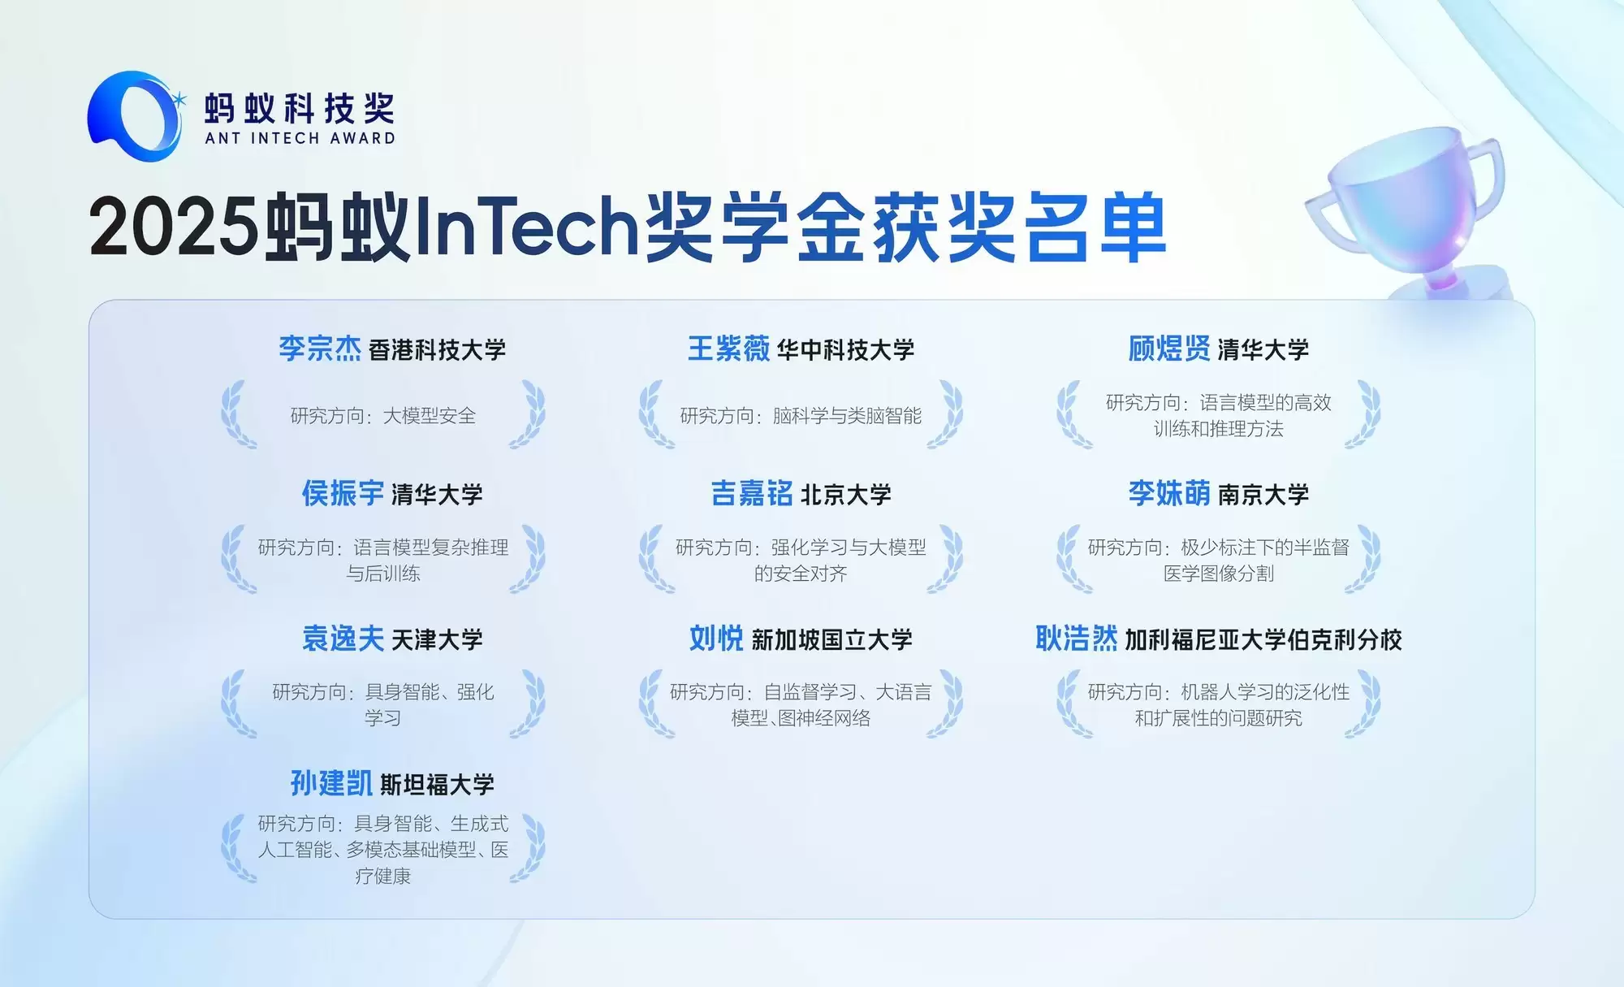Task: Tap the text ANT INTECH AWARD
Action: pyautogui.click(x=300, y=138)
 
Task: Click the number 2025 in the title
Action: pyautogui.click(x=172, y=227)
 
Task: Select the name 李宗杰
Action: pyautogui.click(x=320, y=348)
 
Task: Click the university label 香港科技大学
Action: pyautogui.click(x=437, y=350)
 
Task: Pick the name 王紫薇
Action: pyautogui.click(x=728, y=348)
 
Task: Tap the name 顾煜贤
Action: pyautogui.click(x=1168, y=348)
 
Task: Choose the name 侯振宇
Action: pyautogui.click(x=343, y=493)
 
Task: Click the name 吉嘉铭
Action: pyautogui.click(x=752, y=493)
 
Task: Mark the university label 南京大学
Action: pyautogui.click(x=1263, y=495)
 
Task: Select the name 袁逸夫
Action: pyautogui.click(x=343, y=639)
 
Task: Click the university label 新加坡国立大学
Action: pyautogui.click(x=831, y=640)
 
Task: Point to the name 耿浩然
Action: pyautogui.click(x=1076, y=639)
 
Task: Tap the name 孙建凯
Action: pyautogui.click(x=331, y=783)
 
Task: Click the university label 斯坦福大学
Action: pyautogui.click(x=437, y=785)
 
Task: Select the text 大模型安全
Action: pyautogui.click(x=429, y=416)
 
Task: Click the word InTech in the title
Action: pyautogui.click(x=528, y=227)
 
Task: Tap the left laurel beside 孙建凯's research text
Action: pyautogui.click(x=236, y=849)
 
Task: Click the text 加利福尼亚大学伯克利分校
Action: pyautogui.click(x=1263, y=640)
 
